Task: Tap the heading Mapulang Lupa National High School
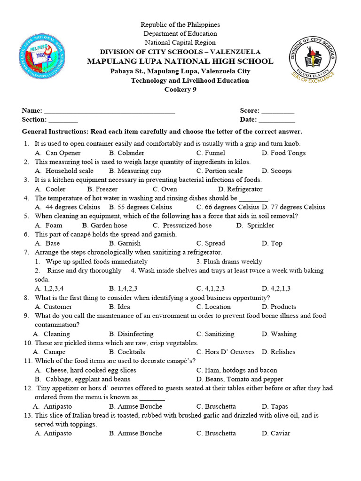coord(180,62)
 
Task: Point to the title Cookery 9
coord(180,90)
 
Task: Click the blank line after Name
coord(109,111)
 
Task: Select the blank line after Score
coord(278,111)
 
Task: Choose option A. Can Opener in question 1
coord(58,153)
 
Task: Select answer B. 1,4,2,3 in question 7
coord(123,288)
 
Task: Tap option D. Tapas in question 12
coord(275,406)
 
